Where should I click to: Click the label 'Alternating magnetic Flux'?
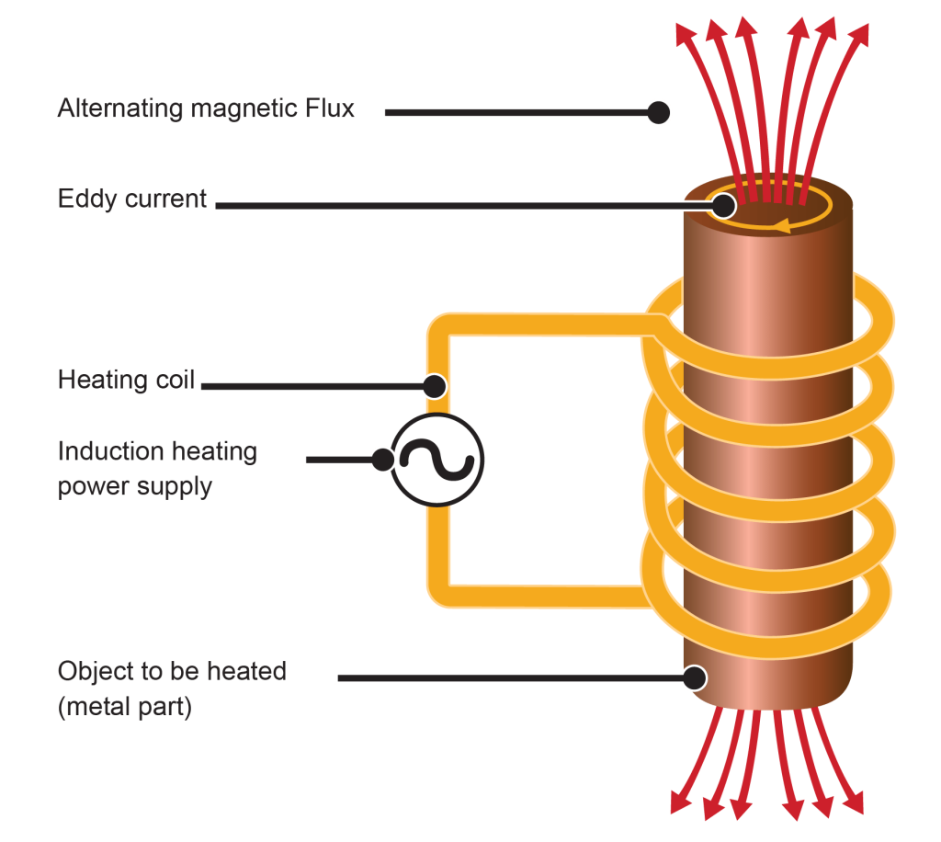206,109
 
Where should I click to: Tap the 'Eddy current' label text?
132,199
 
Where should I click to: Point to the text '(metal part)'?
124,709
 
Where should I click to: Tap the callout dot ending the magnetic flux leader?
658,112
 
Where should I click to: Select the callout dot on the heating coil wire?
435,385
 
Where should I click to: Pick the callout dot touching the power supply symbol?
383,459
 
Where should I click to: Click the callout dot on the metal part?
695,678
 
